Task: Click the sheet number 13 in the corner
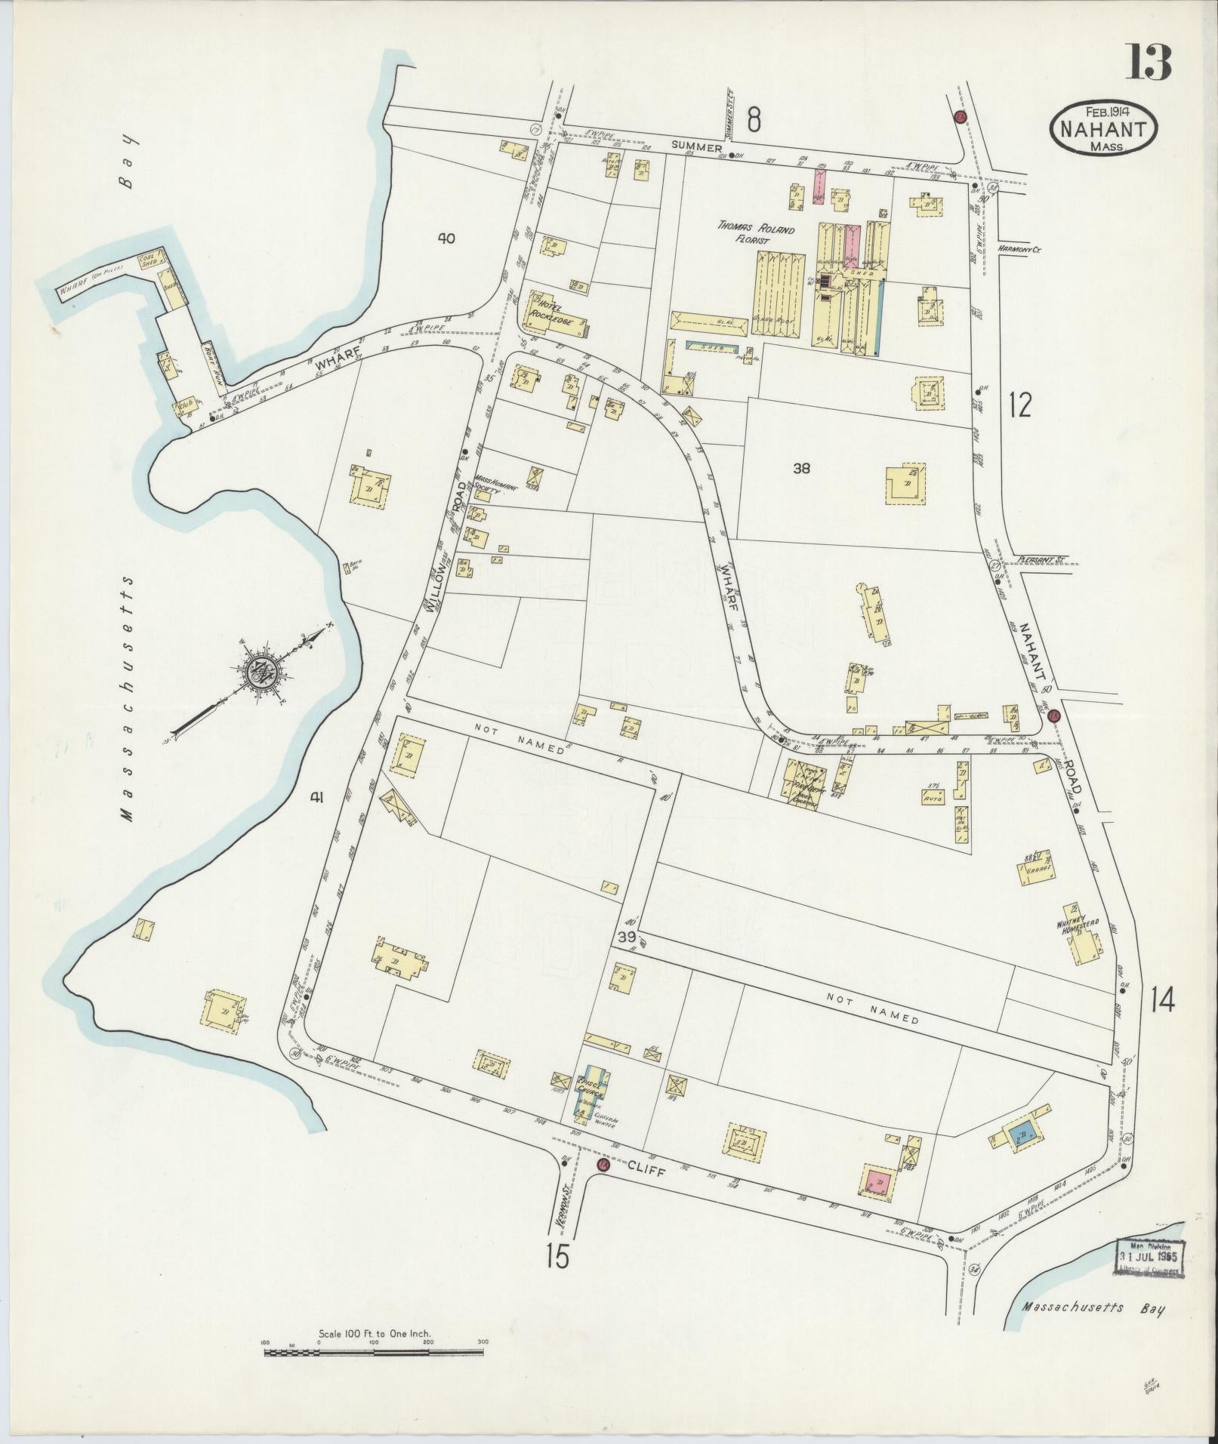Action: point(1149,62)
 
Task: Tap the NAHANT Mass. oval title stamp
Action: point(1103,129)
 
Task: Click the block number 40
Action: point(446,239)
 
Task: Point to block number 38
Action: point(801,468)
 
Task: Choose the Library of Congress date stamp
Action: point(1149,1257)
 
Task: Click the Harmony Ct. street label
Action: point(1018,248)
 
